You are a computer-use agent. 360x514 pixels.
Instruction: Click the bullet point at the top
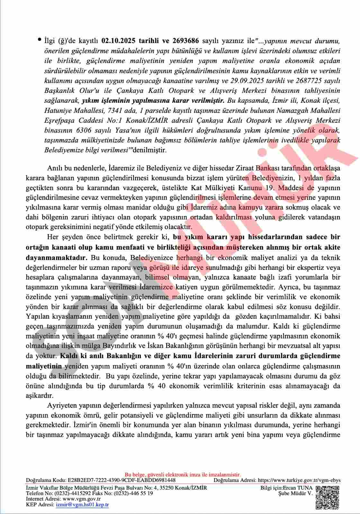click(39, 40)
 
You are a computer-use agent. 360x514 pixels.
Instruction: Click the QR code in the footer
click(327, 497)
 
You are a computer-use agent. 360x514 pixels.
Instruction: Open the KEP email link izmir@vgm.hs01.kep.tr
click(82, 505)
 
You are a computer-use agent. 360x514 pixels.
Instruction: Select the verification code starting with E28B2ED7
click(122, 480)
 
